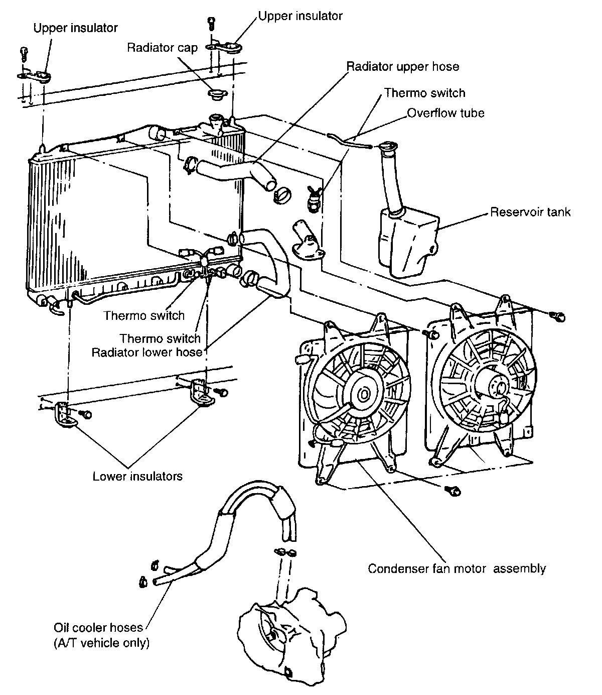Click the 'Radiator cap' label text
162,48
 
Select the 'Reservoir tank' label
530,212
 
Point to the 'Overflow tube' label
445,113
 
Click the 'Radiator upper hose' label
403,66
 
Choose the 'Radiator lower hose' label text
146,352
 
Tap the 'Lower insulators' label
137,476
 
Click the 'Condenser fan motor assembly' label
457,568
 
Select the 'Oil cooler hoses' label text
98,628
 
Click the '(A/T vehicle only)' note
101,643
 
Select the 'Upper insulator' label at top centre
300,16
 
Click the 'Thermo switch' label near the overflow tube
424,93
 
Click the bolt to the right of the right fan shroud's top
559,316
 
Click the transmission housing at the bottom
291,633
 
